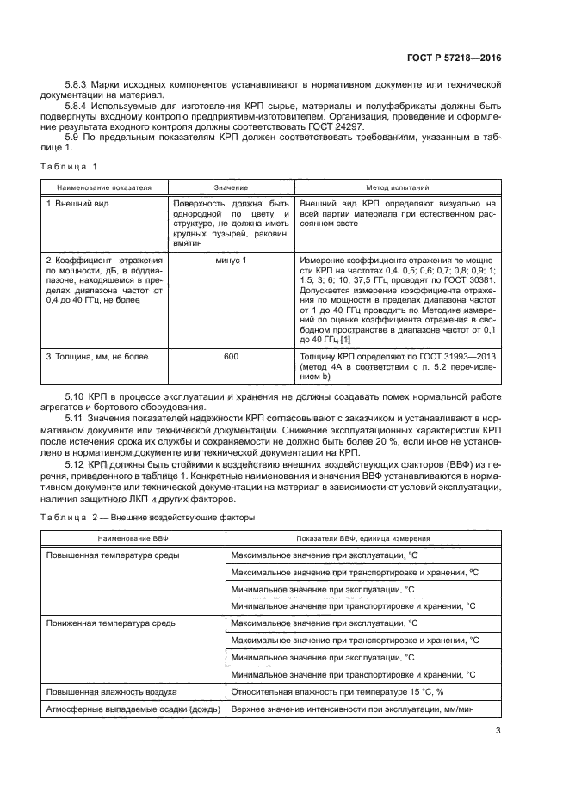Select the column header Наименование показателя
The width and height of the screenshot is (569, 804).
92,187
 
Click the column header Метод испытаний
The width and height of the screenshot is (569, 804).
398,187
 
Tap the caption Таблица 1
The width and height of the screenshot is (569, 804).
70,165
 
